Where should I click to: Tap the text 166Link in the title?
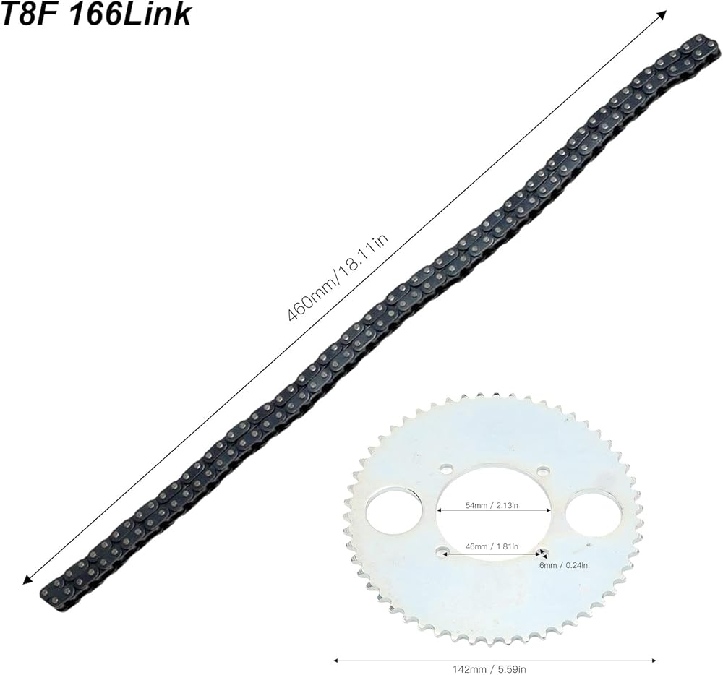point(129,14)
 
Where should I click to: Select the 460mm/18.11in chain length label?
point(338,278)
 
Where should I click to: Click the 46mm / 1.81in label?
point(492,546)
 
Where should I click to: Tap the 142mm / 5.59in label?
point(495,669)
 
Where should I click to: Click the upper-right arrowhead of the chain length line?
point(663,13)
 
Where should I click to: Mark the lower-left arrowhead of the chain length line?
point(27,581)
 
